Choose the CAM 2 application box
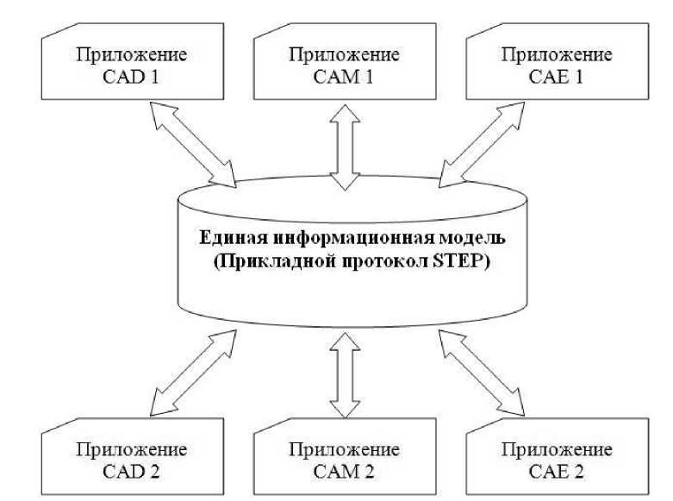(344, 460)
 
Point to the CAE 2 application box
(556, 460)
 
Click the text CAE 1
(556, 76)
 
